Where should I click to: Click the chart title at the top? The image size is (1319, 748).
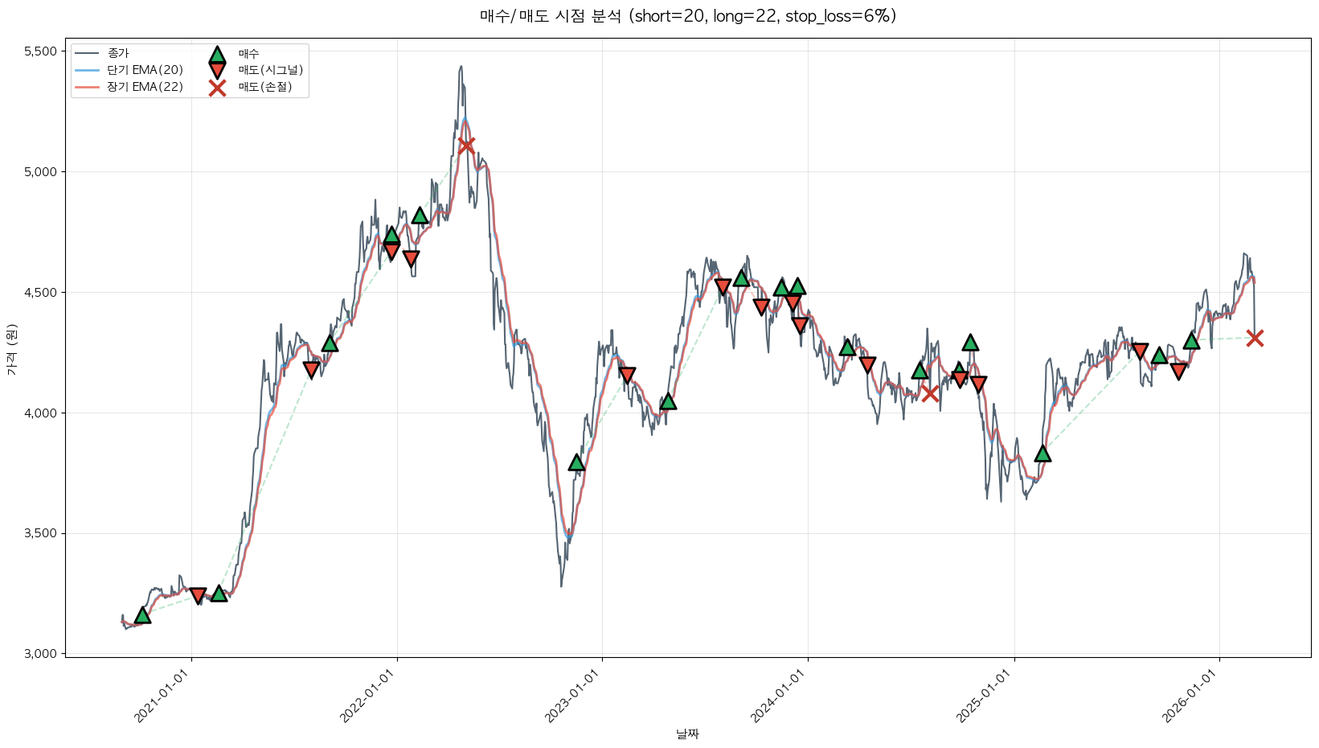point(687,16)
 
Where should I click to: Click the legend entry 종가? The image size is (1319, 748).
point(117,53)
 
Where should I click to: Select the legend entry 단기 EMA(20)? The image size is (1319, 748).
point(145,70)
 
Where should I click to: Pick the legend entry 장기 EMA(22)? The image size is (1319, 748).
point(145,87)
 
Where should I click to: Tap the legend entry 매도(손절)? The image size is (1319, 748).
point(264,87)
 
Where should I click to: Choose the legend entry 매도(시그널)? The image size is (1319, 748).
point(270,70)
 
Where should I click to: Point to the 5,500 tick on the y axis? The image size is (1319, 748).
point(41,51)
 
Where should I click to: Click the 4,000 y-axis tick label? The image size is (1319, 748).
point(41,413)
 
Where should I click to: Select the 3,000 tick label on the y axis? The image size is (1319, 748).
point(41,654)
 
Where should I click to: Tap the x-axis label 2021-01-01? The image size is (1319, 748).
point(166,697)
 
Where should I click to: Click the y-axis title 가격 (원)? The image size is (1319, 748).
point(11,350)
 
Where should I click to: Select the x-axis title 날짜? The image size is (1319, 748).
point(687,734)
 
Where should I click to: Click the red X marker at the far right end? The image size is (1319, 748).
point(1255,338)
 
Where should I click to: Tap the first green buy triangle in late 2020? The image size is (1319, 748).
point(142,615)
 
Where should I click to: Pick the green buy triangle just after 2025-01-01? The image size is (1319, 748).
point(1043,454)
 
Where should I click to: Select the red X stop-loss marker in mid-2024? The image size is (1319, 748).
point(930,393)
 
